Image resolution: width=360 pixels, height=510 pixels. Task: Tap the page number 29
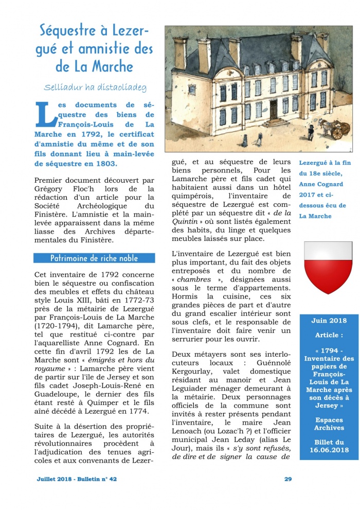point(288,479)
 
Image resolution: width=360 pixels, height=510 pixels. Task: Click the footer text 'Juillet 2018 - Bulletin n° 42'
point(77,479)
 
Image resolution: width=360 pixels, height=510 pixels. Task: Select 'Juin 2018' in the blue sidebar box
point(329,321)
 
